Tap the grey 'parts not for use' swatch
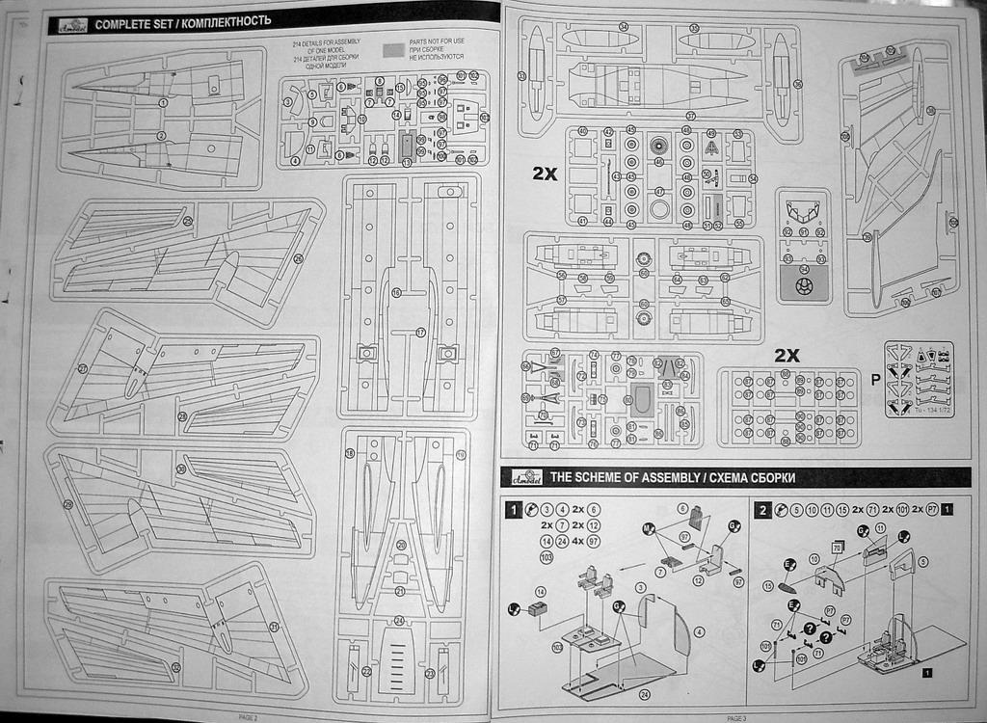(393, 48)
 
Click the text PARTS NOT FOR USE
(437, 41)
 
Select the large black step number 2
(762, 510)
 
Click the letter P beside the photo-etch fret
(874, 379)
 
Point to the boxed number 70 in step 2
(837, 548)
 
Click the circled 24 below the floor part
(644, 693)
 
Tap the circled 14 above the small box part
(541, 591)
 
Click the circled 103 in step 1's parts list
(547, 557)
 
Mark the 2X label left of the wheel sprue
(546, 174)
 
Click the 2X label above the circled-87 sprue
(787, 355)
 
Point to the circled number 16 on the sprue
(395, 291)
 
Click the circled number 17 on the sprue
(420, 332)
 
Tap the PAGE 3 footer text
(736, 717)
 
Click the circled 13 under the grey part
(407, 162)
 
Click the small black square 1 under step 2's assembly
(926, 672)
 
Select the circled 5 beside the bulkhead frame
(923, 561)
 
